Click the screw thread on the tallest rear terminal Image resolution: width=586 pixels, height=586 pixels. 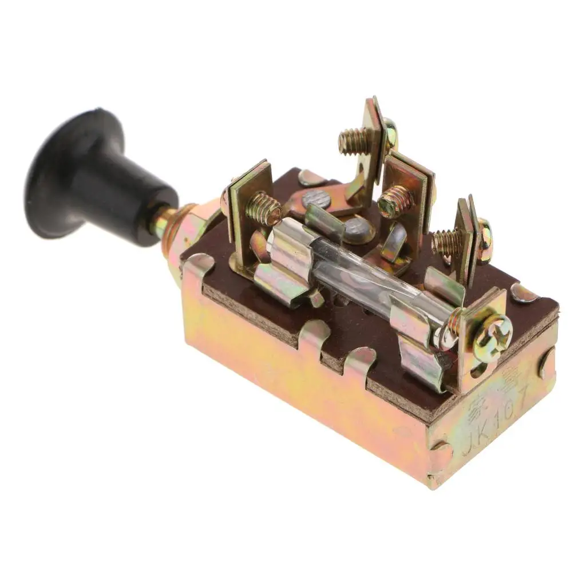click(x=351, y=141)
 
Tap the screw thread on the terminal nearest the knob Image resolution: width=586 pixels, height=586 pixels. click(x=264, y=208)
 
